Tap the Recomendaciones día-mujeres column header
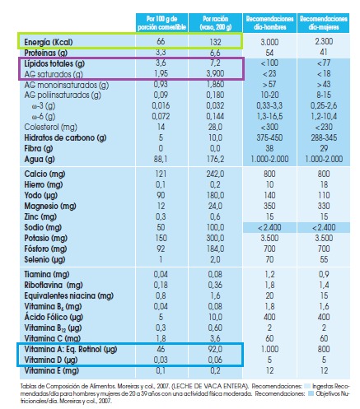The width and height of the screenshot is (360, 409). click(x=322, y=20)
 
